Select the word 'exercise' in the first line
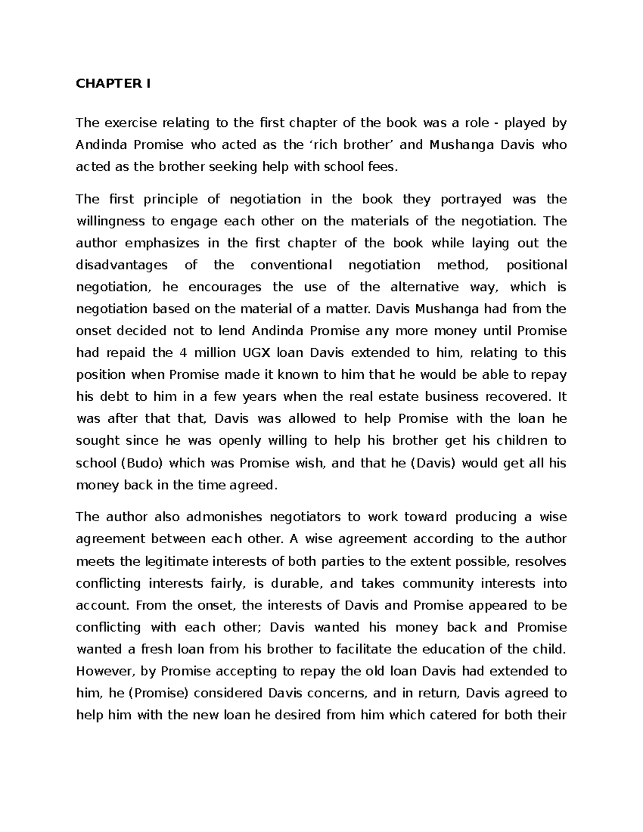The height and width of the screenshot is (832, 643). point(130,123)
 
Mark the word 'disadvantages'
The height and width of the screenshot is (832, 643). point(122,265)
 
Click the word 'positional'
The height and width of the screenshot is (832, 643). point(536,265)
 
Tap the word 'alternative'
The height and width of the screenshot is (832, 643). point(424,287)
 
